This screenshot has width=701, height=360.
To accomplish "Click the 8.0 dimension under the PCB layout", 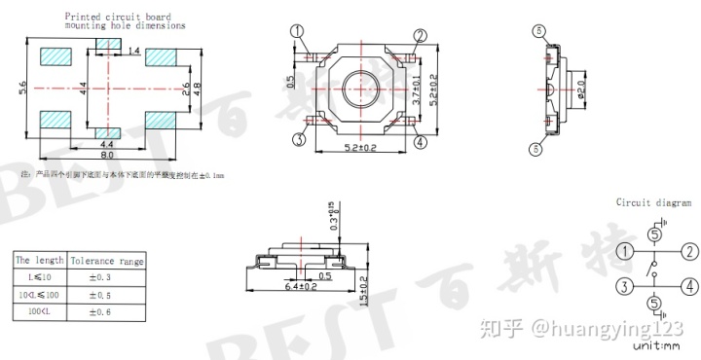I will pyautogui.click(x=107, y=155).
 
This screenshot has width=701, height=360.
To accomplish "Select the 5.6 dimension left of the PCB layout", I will pyautogui.click(x=23, y=89).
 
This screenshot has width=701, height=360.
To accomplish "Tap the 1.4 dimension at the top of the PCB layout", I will pyautogui.click(x=133, y=50).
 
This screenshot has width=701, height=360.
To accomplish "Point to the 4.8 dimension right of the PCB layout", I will pyautogui.click(x=197, y=88).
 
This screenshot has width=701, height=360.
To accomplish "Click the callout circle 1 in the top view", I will pyautogui.click(x=297, y=32).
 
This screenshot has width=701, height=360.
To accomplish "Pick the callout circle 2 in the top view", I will pyautogui.click(x=420, y=36).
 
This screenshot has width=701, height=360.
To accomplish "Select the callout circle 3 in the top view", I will pyautogui.click(x=299, y=140).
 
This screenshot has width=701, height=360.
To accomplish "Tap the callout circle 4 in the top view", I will pyautogui.click(x=420, y=142).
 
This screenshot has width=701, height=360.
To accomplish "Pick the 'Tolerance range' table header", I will pyautogui.click(x=108, y=261).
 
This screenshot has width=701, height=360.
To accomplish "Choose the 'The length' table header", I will pyautogui.click(x=39, y=261).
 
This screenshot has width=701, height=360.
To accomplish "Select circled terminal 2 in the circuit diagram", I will pyautogui.click(x=689, y=251).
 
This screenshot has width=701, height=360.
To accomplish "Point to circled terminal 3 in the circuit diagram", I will pyautogui.click(x=620, y=286).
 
